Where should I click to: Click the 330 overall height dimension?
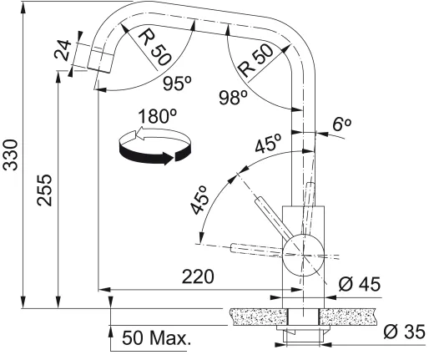12,155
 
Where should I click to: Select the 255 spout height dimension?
45,190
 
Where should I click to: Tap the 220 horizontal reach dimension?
198,276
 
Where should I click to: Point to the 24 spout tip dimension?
63,50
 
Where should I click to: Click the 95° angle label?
177,84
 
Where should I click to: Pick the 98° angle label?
233,98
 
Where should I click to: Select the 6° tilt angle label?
342,124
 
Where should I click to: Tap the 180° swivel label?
158,116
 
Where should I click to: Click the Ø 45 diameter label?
360,285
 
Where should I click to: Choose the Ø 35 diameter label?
404,332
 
